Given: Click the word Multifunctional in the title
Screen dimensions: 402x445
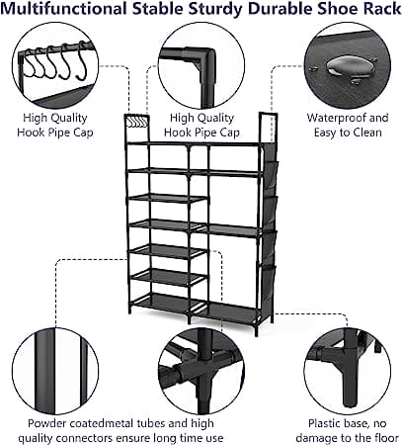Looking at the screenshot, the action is pos(63,9).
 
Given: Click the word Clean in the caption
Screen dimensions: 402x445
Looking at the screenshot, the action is pos(367,133).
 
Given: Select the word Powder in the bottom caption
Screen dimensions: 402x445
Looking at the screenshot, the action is pos(43,423).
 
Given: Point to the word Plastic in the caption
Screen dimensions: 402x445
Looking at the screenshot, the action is pos(322,423).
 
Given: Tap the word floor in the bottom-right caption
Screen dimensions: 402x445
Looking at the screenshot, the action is pos(388,438).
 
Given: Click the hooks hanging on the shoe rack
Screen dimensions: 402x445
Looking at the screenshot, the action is pos(137,122).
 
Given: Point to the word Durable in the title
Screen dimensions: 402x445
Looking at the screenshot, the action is pos(280,9).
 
